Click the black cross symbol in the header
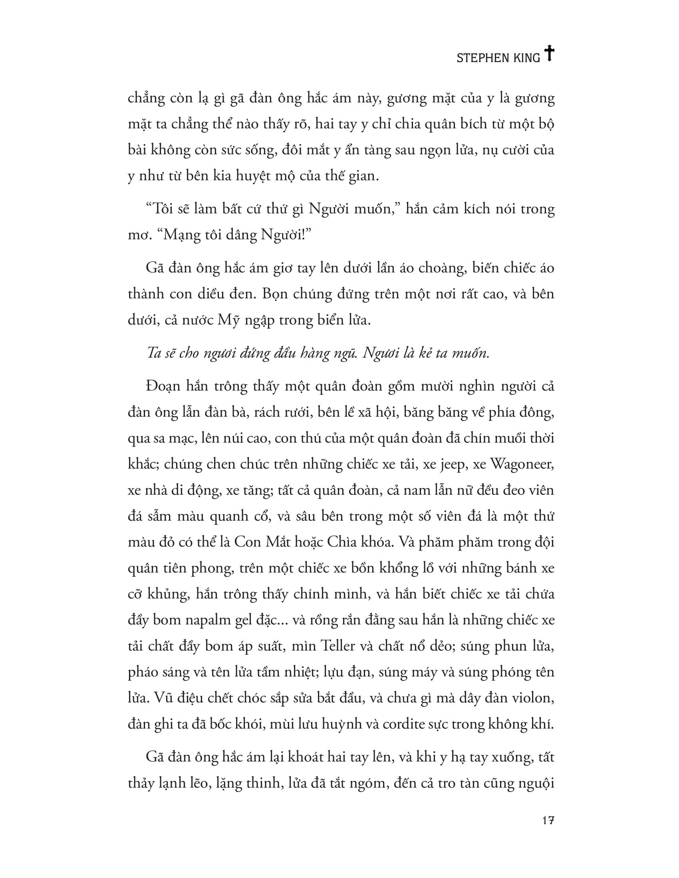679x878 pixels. coord(549,53)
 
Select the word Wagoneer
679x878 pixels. coord(522,465)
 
